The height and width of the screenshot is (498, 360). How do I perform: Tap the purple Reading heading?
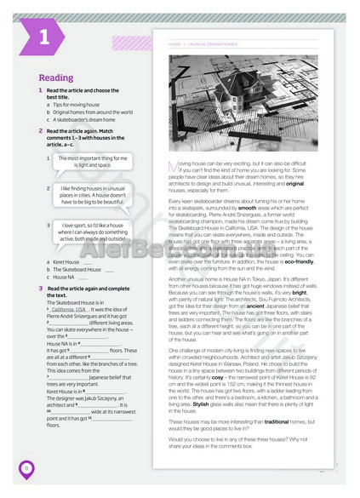click(56, 78)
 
